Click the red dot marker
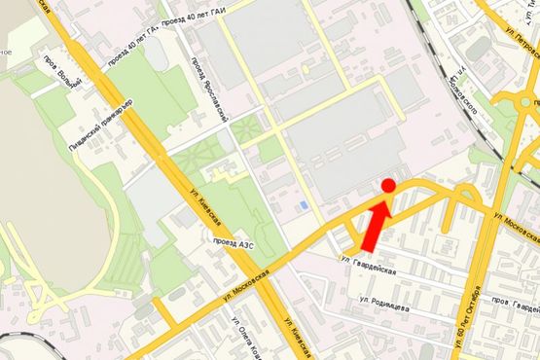pyautogui.click(x=387, y=185)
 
